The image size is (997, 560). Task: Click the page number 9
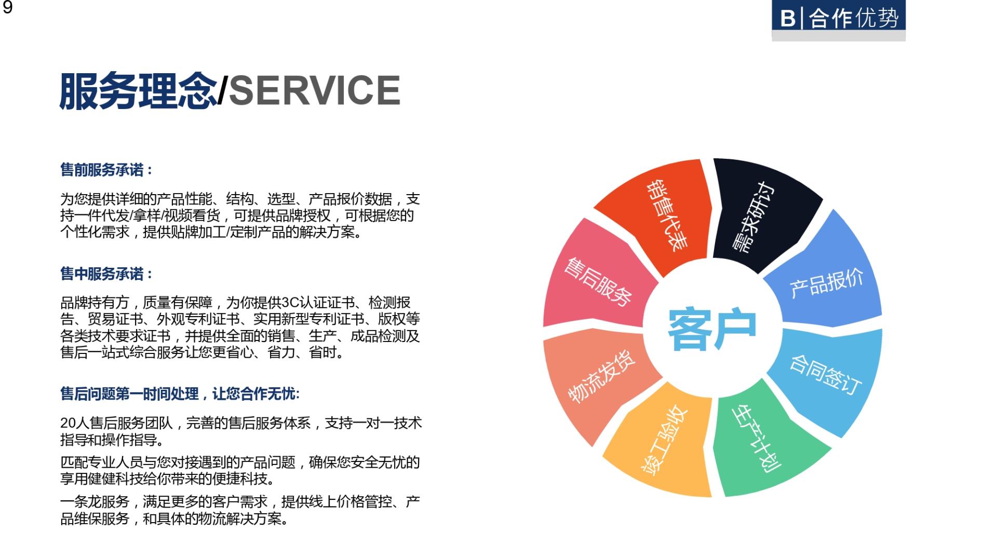7,7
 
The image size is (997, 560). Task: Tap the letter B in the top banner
787,19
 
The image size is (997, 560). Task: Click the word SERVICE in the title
315,90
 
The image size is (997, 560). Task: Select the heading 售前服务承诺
102,170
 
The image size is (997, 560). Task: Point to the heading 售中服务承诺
102,274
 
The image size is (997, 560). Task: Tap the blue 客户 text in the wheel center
711,329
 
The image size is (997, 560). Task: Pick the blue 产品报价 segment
826,275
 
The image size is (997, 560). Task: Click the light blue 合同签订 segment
828,379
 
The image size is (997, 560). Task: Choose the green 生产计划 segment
763,441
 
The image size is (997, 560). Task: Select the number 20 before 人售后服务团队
68,424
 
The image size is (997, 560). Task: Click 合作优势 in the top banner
854,19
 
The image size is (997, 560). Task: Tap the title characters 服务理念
138,90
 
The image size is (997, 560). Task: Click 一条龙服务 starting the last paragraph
95,502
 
